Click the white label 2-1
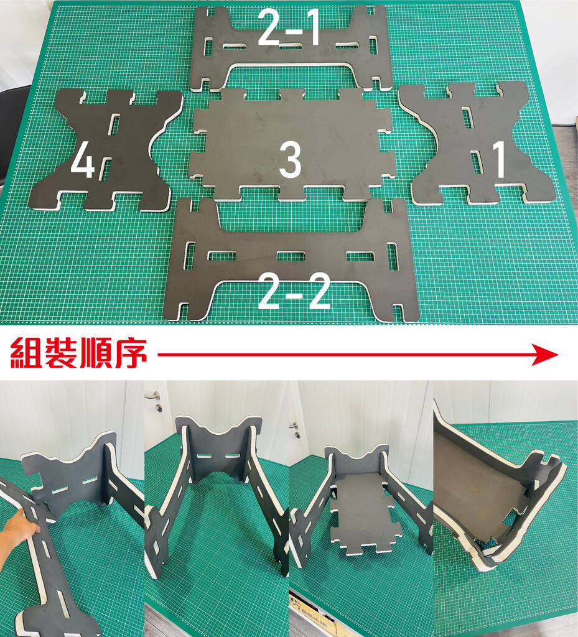tap(289, 27)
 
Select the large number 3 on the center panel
tap(290, 160)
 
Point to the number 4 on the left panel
tap(83, 160)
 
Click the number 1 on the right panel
tap(500, 159)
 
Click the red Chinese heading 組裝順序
tap(78, 353)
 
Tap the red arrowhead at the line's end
tap(546, 355)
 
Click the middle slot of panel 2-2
tap(291, 256)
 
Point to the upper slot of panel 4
tap(115, 124)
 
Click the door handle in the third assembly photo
tap(296, 429)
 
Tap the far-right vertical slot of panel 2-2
tap(393, 256)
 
